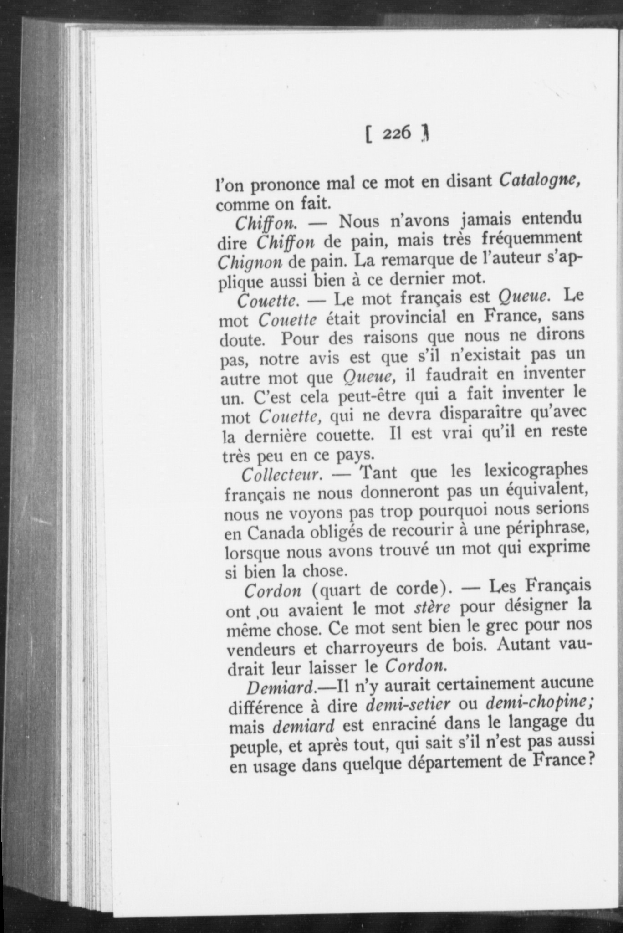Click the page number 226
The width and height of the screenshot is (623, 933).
397,133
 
